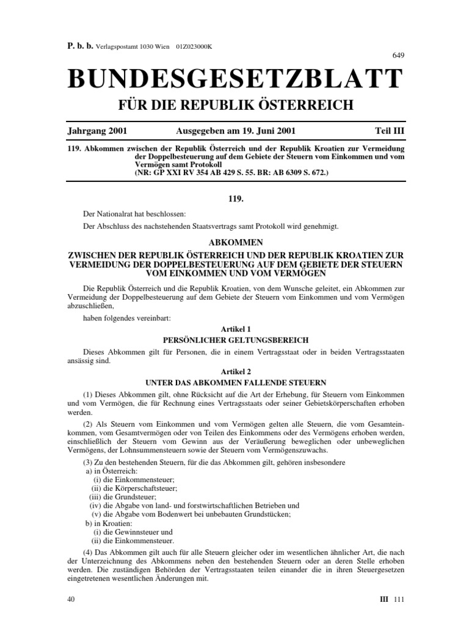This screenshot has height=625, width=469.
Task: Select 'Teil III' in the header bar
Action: coord(389,131)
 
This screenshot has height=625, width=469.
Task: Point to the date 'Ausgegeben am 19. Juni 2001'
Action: coord(235,131)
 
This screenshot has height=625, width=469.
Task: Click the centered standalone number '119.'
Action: coord(234,198)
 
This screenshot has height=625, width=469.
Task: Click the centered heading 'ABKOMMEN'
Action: coord(234,241)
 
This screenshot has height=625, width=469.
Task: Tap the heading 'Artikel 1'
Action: coord(234,328)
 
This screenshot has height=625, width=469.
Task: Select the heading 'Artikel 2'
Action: coord(234,371)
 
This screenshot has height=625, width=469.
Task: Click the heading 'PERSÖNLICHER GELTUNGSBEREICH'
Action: coord(234,339)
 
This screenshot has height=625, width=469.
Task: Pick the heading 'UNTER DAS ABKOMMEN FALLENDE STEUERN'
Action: coord(234,382)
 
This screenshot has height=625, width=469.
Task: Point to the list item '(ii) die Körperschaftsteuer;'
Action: coord(134,488)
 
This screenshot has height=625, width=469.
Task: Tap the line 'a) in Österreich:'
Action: coord(112,471)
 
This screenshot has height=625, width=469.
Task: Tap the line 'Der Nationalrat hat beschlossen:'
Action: coord(133,214)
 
